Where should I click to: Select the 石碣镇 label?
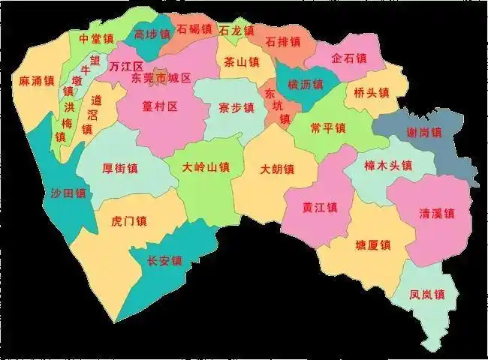[x=194, y=30]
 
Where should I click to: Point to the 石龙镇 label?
[x=236, y=31]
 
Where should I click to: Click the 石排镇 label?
[x=282, y=40]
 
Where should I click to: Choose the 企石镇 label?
[x=349, y=58]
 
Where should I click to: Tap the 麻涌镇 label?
[x=38, y=80]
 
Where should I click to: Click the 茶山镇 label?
[x=241, y=63]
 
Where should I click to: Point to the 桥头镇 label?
[x=372, y=93]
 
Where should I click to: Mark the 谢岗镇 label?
[x=424, y=132]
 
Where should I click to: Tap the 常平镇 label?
[x=328, y=128]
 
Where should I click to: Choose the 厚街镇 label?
[x=119, y=168]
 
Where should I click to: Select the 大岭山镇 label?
[x=206, y=168]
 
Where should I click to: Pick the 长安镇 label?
[x=164, y=261]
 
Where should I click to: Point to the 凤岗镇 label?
[x=428, y=294]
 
